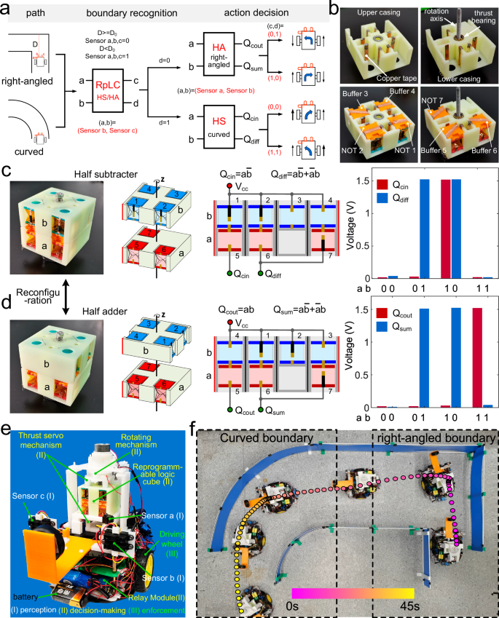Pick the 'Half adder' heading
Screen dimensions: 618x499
click(x=119, y=293)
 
